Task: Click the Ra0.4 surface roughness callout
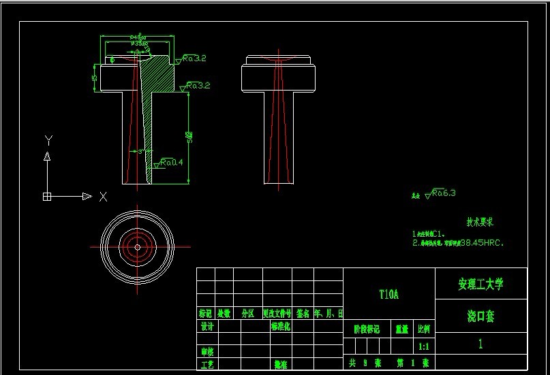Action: tap(171, 163)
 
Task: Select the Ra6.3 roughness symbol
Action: tap(442, 193)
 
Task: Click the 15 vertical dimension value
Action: tap(95, 78)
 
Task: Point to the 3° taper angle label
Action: tap(142, 152)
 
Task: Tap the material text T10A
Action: tap(388, 295)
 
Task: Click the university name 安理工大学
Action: tap(480, 284)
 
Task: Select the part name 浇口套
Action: tap(480, 316)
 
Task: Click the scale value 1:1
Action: tap(423, 346)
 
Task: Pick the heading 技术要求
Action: tap(480, 222)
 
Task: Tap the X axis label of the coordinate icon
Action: tap(103, 197)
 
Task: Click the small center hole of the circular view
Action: tap(138, 247)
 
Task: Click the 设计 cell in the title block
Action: tap(207, 326)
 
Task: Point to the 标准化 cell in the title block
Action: tap(281, 326)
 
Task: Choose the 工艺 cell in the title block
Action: tap(207, 364)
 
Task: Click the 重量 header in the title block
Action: tap(402, 329)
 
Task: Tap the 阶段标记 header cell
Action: tap(366, 329)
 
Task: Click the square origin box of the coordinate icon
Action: tap(47, 197)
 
